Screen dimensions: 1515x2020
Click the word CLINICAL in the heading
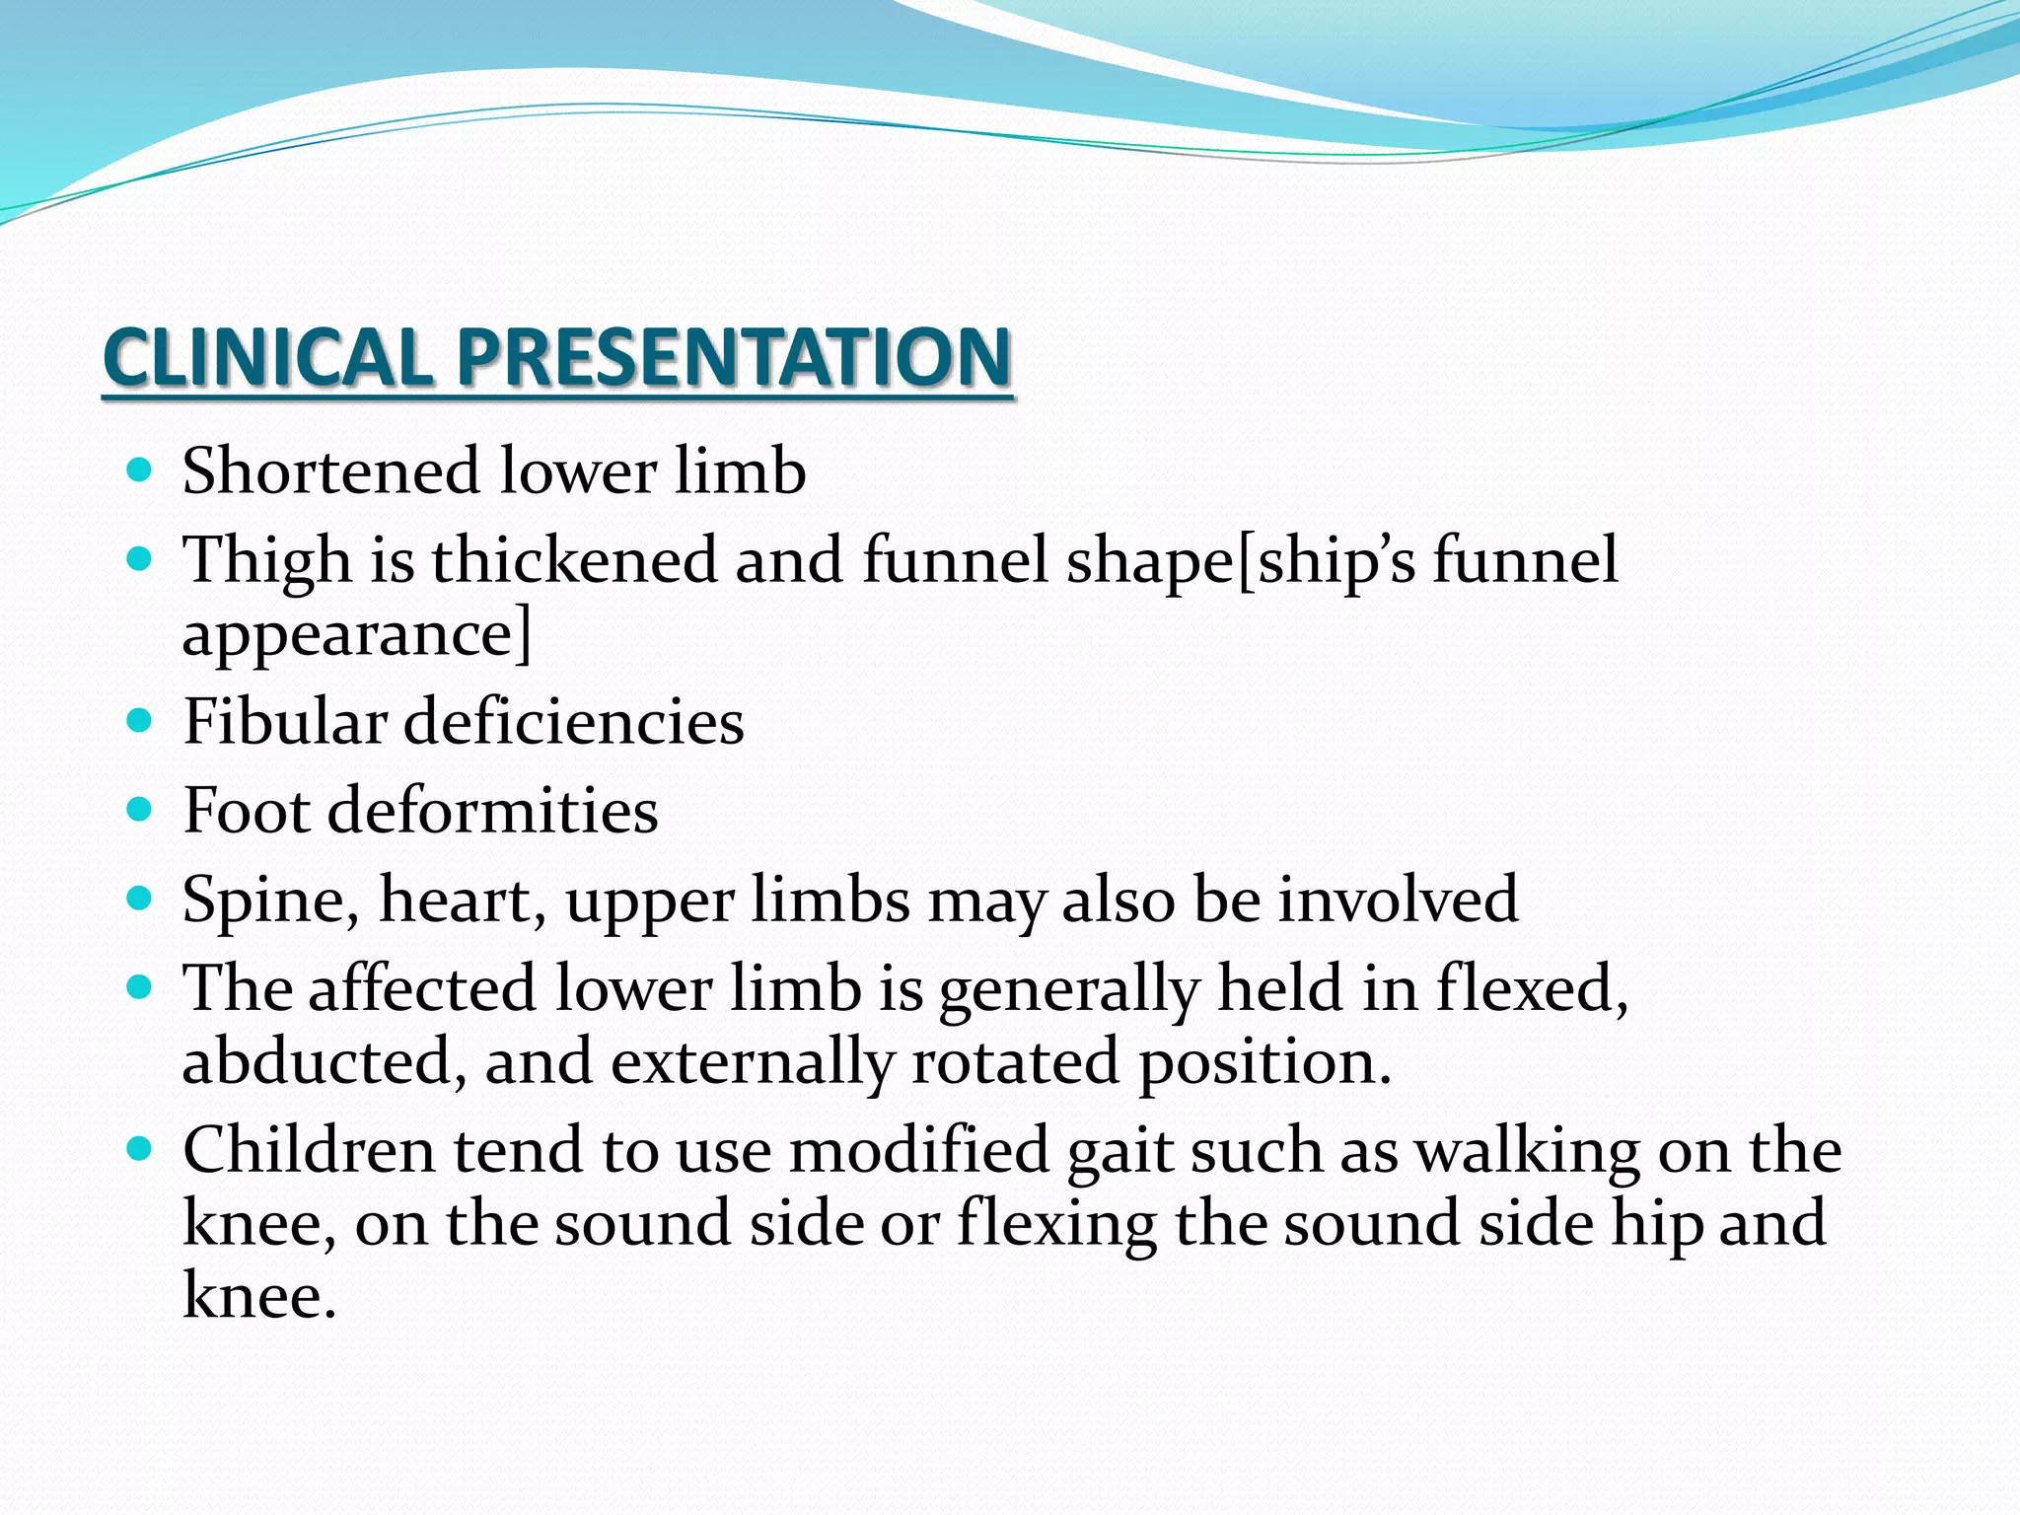pyautogui.click(x=267, y=357)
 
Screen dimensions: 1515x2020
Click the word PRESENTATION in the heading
pyautogui.click(x=734, y=357)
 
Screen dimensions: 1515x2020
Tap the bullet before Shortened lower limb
pyautogui.click(x=140, y=469)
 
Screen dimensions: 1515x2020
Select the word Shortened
pyautogui.click(x=330, y=470)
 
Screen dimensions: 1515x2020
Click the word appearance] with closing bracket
pyautogui.click(x=357, y=634)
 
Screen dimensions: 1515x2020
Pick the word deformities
pyautogui.click(x=492, y=811)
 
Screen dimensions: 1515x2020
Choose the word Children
pyautogui.click(x=309, y=1150)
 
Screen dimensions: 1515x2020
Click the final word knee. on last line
pyautogui.click(x=259, y=1295)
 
